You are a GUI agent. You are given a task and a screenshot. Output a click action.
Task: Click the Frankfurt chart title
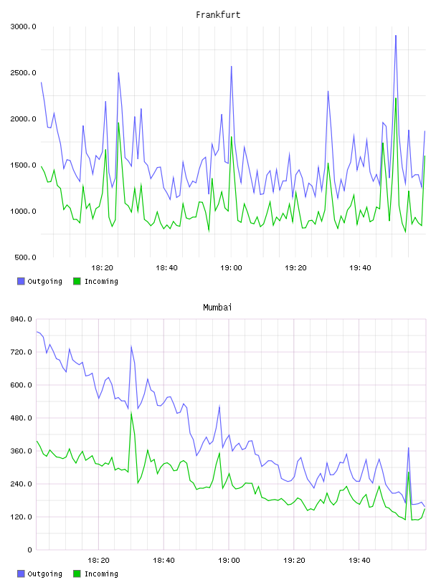[218, 15]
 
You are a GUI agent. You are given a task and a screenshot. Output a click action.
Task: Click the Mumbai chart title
[217, 308]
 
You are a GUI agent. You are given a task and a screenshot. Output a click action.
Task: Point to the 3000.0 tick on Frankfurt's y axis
[23, 27]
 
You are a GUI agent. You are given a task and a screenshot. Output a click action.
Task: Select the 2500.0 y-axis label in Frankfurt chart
[23, 72]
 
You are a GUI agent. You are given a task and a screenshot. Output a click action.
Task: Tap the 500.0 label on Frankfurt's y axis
[25, 257]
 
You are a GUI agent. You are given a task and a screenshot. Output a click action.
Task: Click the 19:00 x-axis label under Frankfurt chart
[231, 268]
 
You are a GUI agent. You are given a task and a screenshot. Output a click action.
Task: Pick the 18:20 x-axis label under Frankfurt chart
[102, 268]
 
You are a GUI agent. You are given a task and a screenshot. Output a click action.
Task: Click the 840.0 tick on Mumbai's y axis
[22, 319]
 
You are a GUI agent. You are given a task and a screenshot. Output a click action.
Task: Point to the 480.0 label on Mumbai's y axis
[22, 418]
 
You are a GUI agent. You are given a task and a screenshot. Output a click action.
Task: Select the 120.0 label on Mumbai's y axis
[22, 517]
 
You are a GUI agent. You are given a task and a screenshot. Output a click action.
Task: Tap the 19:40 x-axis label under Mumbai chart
[359, 561]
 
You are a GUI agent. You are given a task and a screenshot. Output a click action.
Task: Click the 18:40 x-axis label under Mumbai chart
[163, 561]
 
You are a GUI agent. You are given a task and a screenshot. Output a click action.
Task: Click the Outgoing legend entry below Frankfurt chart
[39, 281]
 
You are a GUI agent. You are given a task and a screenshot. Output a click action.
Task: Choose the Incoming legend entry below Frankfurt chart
[95, 281]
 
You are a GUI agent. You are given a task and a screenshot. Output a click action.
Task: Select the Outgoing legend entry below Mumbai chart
[39, 574]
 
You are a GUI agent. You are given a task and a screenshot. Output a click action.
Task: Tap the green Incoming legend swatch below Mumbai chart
[77, 574]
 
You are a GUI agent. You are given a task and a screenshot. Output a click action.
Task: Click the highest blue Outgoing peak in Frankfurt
[396, 36]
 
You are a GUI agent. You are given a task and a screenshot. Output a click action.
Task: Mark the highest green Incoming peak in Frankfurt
[396, 98]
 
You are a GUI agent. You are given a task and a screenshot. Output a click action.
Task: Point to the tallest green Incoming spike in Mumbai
[131, 413]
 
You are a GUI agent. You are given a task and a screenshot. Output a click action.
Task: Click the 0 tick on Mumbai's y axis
[29, 550]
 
